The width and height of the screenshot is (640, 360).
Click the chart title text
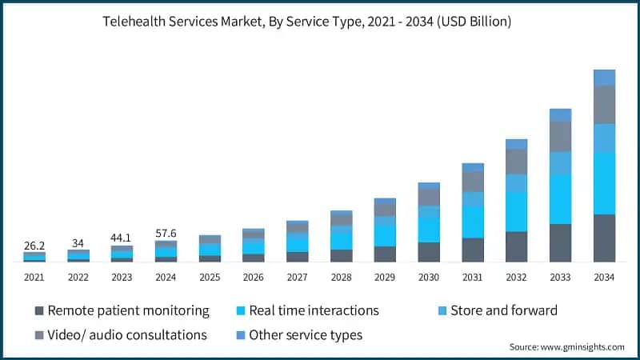coord(320,22)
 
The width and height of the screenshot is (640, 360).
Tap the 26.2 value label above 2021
coord(34,246)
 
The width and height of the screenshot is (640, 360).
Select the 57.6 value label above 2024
coord(166,233)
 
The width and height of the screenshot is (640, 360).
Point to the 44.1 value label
coord(122,238)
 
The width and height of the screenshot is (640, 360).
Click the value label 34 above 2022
coord(78,242)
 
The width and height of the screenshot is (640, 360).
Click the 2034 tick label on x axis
coord(604,277)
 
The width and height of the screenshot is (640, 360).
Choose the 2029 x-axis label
coord(385,277)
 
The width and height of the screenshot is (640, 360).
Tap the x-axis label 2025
coord(210,277)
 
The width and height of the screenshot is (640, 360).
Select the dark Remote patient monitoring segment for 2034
coord(604,238)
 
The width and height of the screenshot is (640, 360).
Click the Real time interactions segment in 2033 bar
coord(560,199)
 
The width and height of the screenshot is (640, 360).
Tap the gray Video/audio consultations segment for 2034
coord(604,104)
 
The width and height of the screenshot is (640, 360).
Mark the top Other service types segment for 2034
coord(604,77)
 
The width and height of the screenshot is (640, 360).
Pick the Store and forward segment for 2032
coord(516,183)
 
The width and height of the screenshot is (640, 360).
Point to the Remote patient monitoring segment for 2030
coord(429,252)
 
